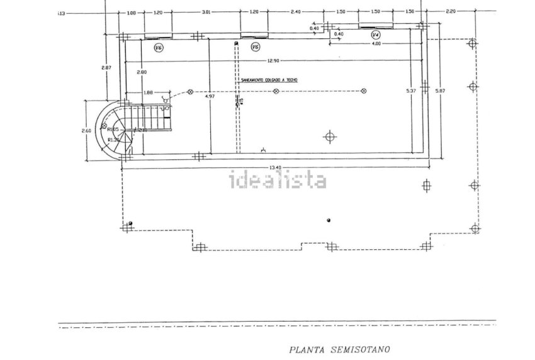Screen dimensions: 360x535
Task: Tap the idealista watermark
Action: coord(277,181)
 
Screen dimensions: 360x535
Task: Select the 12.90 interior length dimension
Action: coord(272,61)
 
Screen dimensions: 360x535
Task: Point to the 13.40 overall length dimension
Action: coord(274,167)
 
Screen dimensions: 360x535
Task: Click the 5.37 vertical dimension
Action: coord(412,92)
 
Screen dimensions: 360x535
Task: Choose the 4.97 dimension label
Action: coord(210,96)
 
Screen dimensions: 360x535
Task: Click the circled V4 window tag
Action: coord(376,35)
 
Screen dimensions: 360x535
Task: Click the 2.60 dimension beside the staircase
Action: coord(87,130)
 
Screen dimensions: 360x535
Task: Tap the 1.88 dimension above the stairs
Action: coord(148,93)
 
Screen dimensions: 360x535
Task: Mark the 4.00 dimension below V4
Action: coord(375,43)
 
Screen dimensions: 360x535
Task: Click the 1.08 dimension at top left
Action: coord(132,12)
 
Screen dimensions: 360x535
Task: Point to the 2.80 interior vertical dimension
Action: coord(142,72)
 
